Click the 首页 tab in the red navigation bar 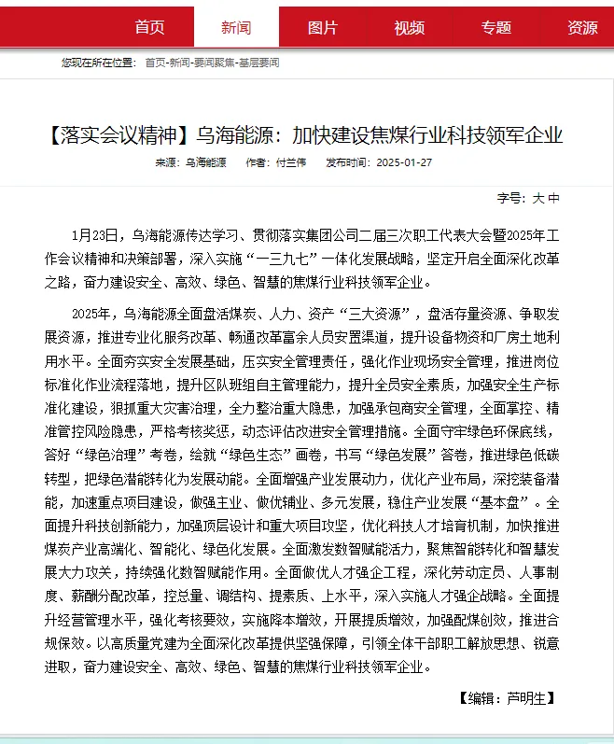pos(149,27)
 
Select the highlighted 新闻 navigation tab pos(236,27)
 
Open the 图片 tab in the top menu pos(323,27)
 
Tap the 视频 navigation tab pos(409,27)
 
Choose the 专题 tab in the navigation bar pos(495,27)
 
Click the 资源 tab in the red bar pos(582,27)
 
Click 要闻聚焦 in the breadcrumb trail pos(216,63)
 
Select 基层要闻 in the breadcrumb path pos(259,63)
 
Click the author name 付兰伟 pos(291,162)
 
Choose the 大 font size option pos(537,198)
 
